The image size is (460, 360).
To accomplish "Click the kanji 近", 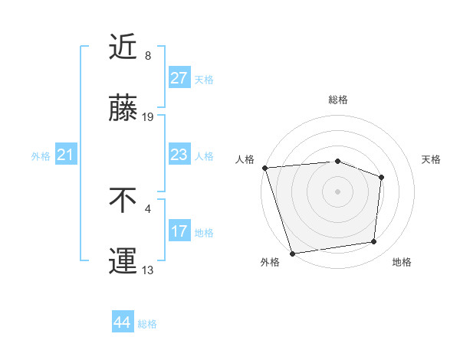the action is coord(123,47).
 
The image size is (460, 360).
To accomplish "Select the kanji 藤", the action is coord(123,109).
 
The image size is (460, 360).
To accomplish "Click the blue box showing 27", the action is coord(179,78).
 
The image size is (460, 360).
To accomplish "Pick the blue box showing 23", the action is coord(179,155).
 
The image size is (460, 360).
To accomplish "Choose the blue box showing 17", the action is coord(179,231).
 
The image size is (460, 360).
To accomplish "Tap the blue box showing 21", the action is coord(65,155).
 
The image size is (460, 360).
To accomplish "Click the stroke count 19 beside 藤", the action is coord(148,117).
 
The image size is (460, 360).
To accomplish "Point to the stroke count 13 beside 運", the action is coord(148,270).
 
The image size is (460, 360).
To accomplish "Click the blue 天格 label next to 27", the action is coord(204,79).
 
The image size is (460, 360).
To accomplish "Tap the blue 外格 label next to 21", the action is coord(41,156).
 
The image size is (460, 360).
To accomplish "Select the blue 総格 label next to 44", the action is coord(147,324).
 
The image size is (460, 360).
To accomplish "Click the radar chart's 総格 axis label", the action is coord(338,100).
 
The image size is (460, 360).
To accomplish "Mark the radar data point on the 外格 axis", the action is coord(292,253).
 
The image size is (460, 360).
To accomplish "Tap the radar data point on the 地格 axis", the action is coord(374,242).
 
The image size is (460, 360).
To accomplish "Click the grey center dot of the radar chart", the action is coord(338,191).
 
